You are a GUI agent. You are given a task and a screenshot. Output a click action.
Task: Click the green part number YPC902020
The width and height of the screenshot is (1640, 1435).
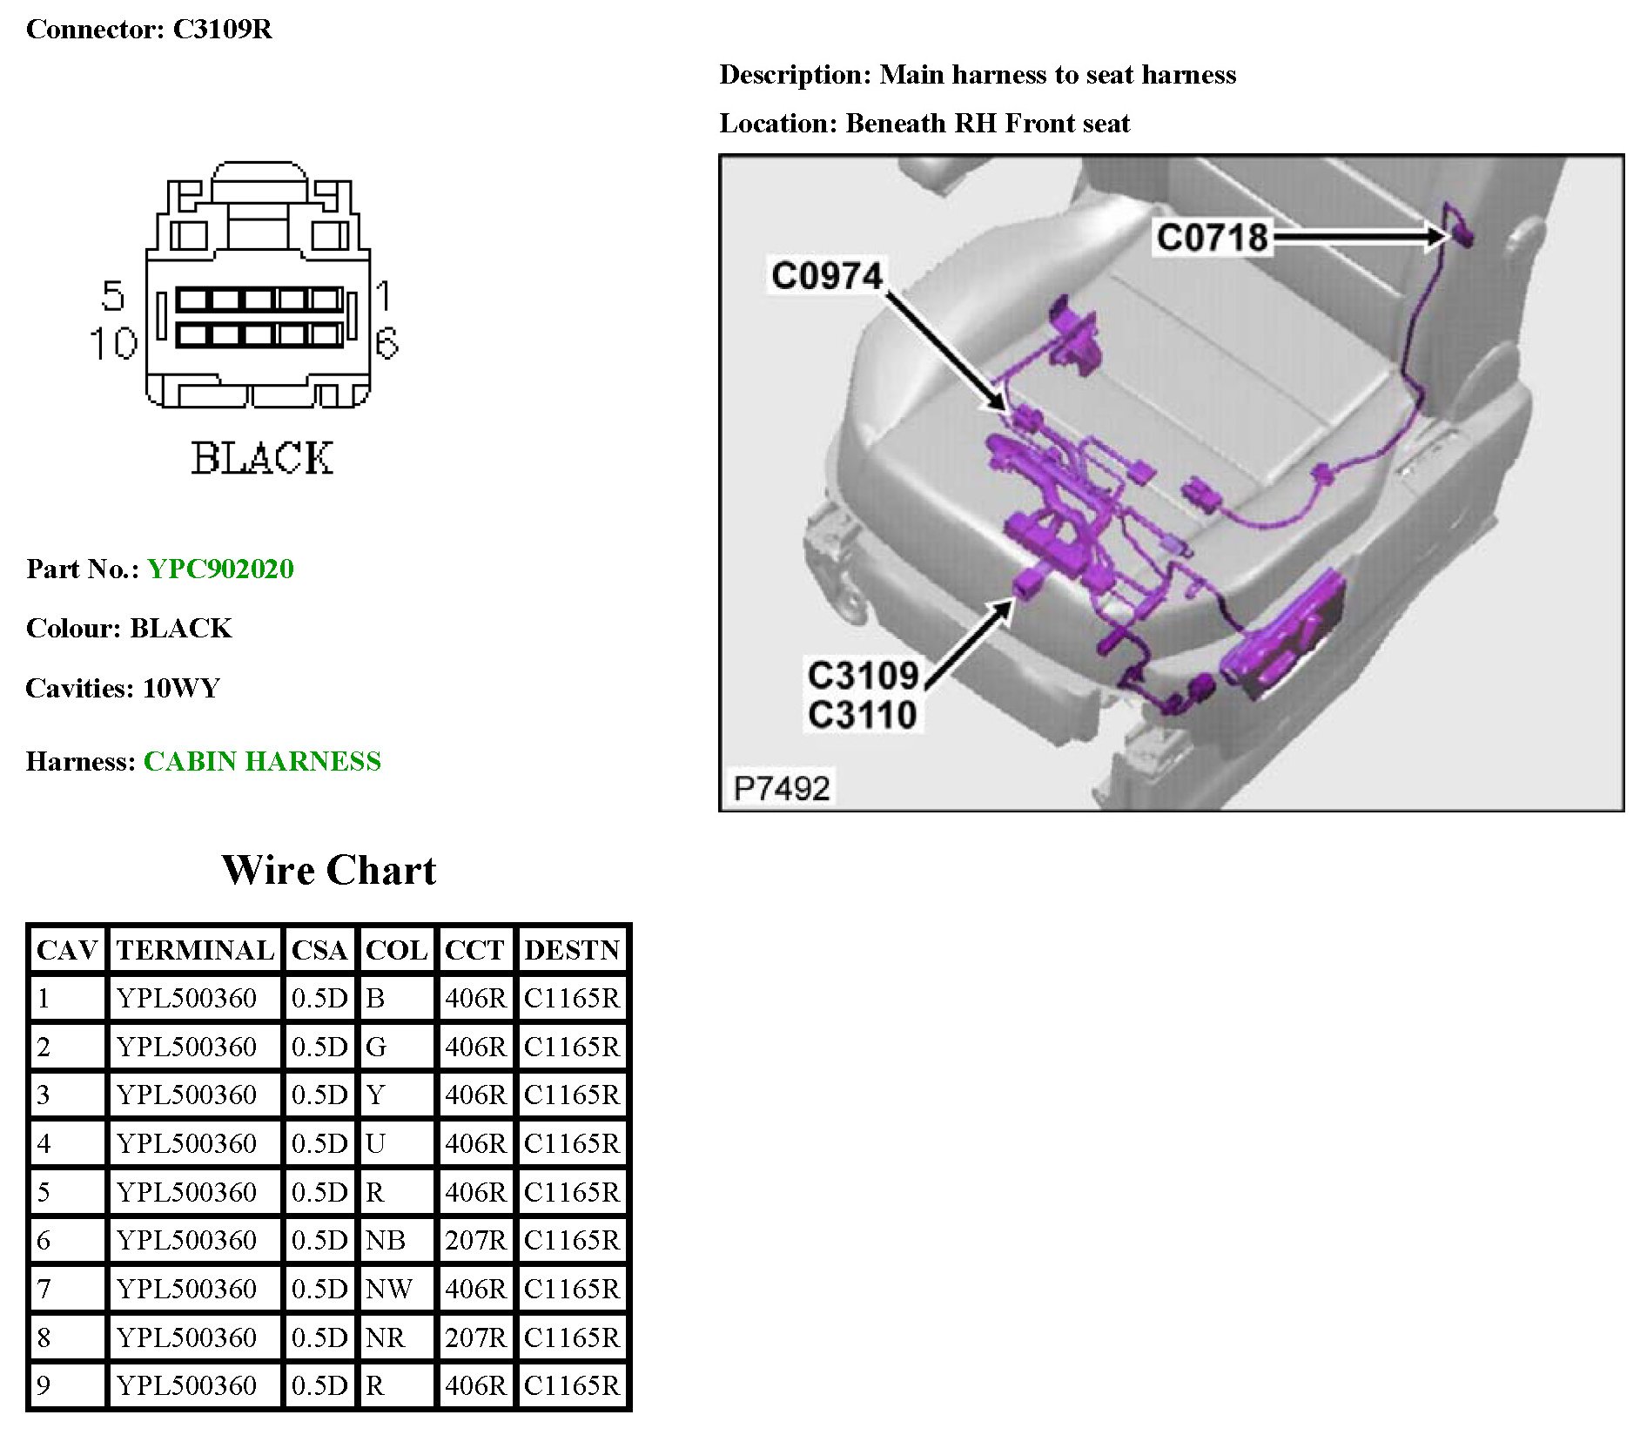point(220,569)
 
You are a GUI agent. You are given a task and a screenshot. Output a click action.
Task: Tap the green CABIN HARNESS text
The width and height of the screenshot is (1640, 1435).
point(261,761)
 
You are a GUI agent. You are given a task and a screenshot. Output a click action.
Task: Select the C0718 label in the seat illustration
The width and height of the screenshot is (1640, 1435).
point(1211,237)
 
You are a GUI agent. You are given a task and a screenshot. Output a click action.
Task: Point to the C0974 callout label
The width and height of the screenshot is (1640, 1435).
point(826,276)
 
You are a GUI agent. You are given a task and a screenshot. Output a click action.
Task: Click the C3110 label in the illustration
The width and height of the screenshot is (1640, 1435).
point(862,715)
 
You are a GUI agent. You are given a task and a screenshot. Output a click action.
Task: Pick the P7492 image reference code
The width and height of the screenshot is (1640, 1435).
point(781,788)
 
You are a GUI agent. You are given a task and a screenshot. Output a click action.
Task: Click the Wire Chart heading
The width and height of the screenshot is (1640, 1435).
point(328,870)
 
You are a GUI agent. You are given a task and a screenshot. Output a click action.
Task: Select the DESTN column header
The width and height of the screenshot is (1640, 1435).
point(572,950)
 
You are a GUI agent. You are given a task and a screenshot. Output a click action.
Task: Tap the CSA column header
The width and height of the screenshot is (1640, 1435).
point(319,950)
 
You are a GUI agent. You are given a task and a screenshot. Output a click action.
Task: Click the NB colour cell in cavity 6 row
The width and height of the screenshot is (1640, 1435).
point(386,1240)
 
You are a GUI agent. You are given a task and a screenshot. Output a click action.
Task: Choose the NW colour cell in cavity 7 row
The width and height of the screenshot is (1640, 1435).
point(388,1289)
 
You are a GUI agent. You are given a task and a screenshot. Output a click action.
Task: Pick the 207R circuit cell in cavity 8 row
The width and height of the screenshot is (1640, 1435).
point(474,1337)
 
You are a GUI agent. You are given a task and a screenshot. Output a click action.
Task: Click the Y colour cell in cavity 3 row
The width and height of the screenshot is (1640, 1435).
point(375,1095)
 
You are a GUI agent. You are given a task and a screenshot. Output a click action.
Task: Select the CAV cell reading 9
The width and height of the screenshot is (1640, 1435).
point(44,1385)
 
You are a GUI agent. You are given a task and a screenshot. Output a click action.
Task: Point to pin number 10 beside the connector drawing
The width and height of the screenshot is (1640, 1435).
point(113,343)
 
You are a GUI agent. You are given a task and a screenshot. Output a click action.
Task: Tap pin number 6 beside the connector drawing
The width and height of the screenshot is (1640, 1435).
point(386,343)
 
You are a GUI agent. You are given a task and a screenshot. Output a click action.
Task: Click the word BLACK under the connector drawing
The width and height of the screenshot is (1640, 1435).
point(261,459)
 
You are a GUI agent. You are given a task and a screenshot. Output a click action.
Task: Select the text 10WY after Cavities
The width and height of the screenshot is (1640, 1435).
point(181,688)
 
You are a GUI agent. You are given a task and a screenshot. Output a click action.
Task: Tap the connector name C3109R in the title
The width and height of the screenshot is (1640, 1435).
point(222,29)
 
